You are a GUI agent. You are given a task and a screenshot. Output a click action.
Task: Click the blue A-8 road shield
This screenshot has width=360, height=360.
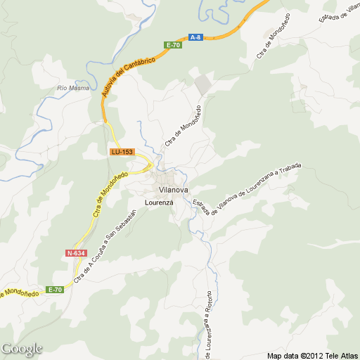pyautogui.click(x=195, y=37)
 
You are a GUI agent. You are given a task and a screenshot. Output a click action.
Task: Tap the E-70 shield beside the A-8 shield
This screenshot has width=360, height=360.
pyautogui.click(x=173, y=45)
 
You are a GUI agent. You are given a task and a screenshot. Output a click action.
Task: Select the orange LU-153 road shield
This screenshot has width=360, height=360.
pyautogui.click(x=121, y=152)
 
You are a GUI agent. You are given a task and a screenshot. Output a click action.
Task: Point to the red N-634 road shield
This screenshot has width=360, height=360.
pyautogui.click(x=75, y=252)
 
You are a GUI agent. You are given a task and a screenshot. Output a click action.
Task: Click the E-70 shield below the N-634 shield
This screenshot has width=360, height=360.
pyautogui.click(x=55, y=290)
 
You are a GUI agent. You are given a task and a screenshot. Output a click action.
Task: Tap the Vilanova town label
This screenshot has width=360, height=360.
pyautogui.click(x=174, y=190)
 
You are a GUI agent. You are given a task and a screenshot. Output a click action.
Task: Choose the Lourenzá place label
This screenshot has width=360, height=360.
pyautogui.click(x=159, y=202)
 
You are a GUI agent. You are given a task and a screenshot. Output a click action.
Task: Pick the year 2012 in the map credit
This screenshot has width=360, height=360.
pyautogui.click(x=311, y=355)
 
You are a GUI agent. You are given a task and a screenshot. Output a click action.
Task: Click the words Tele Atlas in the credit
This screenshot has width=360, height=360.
pyautogui.click(x=340, y=355)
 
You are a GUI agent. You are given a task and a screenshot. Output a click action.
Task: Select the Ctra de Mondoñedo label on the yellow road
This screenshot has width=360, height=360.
pyautogui.click(x=110, y=194)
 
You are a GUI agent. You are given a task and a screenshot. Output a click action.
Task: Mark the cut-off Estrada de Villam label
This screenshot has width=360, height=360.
pyautogui.click(x=340, y=11)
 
